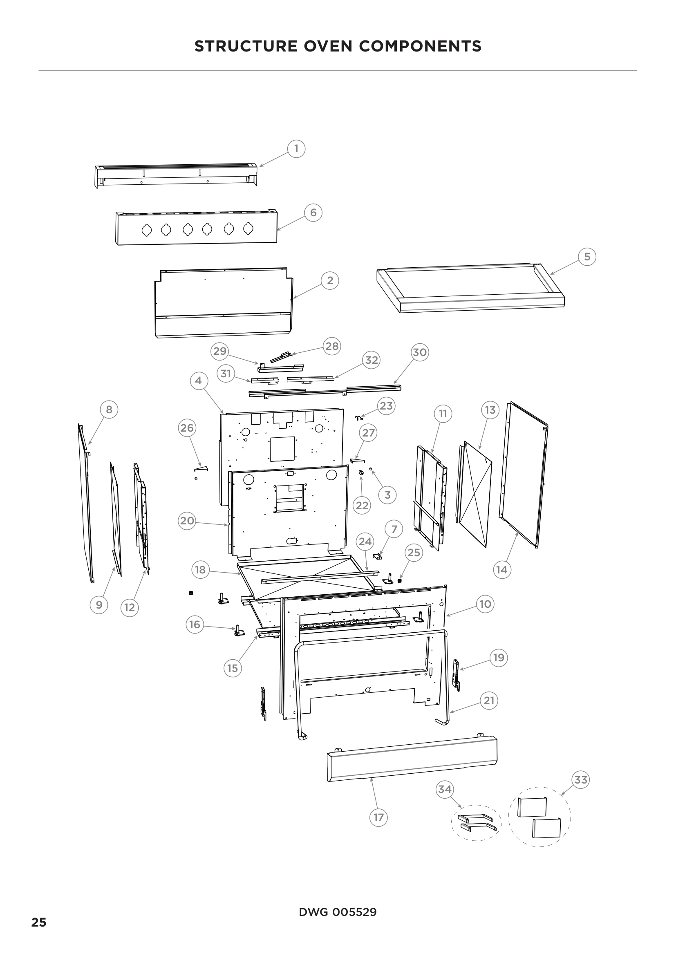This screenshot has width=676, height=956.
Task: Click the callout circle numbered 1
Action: [x=296, y=149]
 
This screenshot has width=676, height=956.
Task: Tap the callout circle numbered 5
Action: [x=587, y=257]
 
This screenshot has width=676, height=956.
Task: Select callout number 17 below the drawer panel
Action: [x=378, y=817]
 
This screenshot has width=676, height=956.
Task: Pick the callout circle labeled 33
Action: [x=581, y=779]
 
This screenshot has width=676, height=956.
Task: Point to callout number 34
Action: [x=445, y=789]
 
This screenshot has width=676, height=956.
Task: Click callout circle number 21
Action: [x=489, y=701]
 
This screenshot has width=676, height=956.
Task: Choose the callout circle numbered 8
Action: [x=109, y=409]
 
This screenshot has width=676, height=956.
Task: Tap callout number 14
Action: [x=502, y=569]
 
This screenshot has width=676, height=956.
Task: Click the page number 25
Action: [x=39, y=922]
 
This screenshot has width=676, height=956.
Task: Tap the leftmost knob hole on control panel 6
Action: [x=146, y=230]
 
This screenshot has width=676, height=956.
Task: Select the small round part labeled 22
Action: [x=361, y=472]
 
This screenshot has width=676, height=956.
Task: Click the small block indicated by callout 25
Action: [x=400, y=581]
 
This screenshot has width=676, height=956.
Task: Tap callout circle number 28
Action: [x=332, y=346]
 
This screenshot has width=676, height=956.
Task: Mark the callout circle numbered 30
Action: [x=420, y=352]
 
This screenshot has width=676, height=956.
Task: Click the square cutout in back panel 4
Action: [x=283, y=448]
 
